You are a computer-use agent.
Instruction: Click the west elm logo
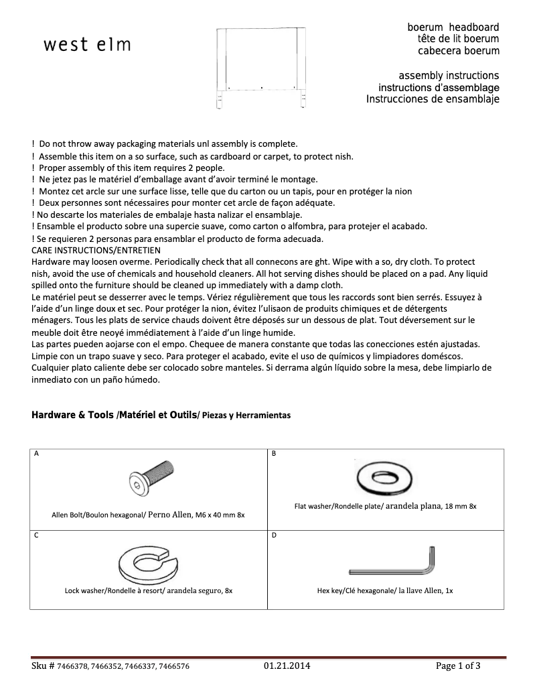(87, 45)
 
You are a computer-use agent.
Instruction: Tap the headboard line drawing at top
(260, 67)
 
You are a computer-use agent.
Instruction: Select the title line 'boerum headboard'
(453, 27)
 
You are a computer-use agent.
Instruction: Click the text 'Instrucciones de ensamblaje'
(433, 99)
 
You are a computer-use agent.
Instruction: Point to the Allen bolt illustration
(150, 481)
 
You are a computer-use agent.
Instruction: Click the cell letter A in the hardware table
(36, 454)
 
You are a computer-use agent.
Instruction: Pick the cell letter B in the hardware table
(273, 454)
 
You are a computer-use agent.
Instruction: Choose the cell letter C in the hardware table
(36, 535)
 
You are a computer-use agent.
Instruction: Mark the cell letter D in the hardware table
(273, 535)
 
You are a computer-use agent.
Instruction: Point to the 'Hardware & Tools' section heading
(73, 415)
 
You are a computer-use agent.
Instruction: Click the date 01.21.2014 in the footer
(287, 666)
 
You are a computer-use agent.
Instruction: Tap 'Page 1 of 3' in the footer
(458, 666)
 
